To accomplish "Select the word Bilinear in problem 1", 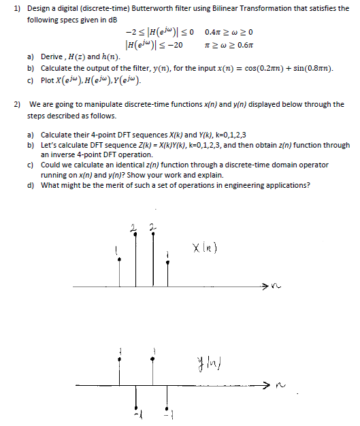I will tap(216, 7).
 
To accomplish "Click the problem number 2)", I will tap(18, 104).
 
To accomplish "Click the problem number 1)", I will tap(18, 7).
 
